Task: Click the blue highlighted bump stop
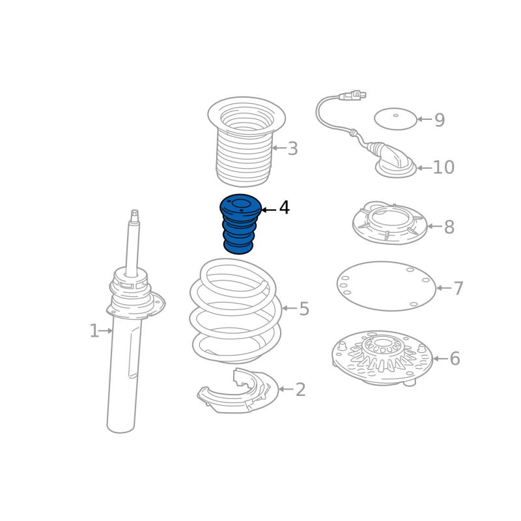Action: pyautogui.click(x=240, y=223)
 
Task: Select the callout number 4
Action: pyautogui.click(x=285, y=208)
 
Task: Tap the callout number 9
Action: pyautogui.click(x=440, y=120)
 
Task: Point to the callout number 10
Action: pyautogui.click(x=444, y=167)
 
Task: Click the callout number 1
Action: pyautogui.click(x=94, y=331)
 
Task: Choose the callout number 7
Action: pyautogui.click(x=458, y=288)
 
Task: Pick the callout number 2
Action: pyautogui.click(x=300, y=389)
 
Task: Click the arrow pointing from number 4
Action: pyautogui.click(x=269, y=210)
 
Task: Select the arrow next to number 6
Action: pyautogui.click(x=441, y=359)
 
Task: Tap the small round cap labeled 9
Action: pyautogui.click(x=395, y=119)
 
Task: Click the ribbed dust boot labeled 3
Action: pyautogui.click(x=246, y=141)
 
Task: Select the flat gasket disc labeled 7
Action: pyautogui.click(x=386, y=286)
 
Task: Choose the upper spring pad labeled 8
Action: pyautogui.click(x=389, y=223)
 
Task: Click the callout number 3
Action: pyautogui.click(x=292, y=148)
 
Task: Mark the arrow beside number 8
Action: pyautogui.click(x=434, y=226)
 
